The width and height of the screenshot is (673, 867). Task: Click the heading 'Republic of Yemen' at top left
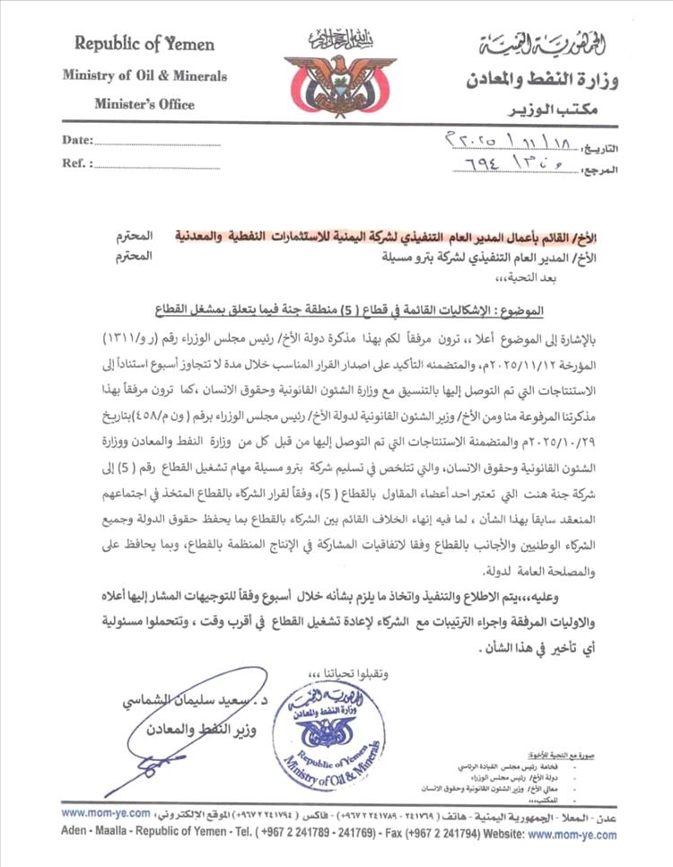[144, 44]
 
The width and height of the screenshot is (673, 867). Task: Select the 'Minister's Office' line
[144, 104]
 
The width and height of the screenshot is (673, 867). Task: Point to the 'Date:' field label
[77, 140]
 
